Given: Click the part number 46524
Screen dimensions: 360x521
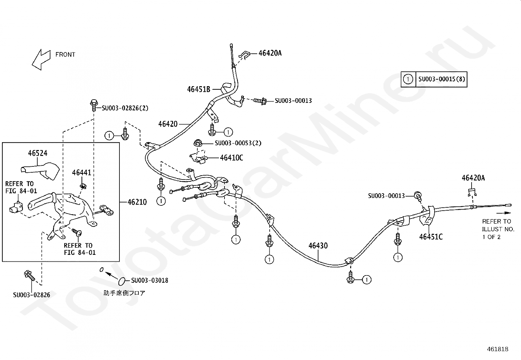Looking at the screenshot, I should pos(38,153).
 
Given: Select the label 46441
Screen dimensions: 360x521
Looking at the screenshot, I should pos(82,173).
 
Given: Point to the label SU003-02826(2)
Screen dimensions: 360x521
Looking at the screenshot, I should pos(125,108).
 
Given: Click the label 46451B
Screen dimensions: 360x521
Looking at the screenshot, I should pos(199,89).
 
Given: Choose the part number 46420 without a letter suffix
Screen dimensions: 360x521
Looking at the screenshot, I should pos(168,124).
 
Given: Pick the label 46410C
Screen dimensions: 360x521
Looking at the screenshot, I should pos(231,158).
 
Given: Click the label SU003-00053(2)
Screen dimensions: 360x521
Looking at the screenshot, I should pos(238,143).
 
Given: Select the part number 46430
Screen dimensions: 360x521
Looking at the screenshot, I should pos(318,246).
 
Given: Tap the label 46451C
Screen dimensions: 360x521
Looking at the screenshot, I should pos(431,237).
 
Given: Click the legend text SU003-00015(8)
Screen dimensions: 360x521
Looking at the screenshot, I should pos(441,79).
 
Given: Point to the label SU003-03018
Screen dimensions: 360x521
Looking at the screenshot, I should pos(150,280).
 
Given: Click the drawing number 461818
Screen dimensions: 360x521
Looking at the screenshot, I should pos(497,349).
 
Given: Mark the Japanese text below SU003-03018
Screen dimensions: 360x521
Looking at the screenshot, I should pos(124,293).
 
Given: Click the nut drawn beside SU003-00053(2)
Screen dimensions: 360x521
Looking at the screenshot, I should pos(198,143).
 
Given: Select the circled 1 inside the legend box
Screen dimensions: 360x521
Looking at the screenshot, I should pos(408,79).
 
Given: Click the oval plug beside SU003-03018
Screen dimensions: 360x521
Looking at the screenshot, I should pos(121,281).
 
